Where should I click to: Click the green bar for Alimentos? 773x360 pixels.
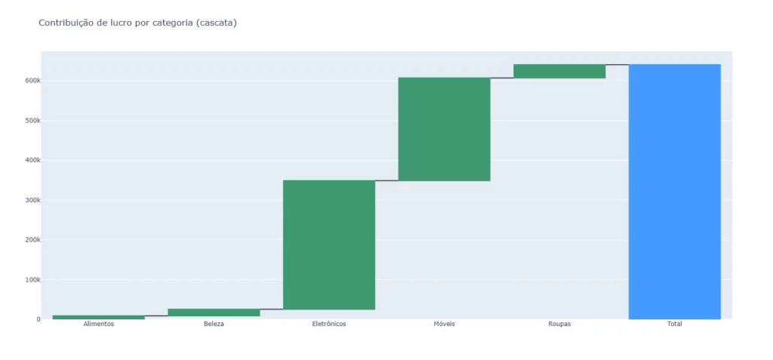tap(99, 317)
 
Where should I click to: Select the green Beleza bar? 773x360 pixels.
tap(214, 312)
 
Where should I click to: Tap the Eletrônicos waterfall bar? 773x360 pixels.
tap(329, 245)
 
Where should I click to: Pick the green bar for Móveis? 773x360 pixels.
tap(444, 129)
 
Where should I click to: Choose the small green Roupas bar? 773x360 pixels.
tap(559, 71)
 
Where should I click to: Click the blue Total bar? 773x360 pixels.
tap(674, 192)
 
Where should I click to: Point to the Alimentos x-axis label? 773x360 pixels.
tap(99, 325)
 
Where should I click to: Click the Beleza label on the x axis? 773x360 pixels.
tap(214, 325)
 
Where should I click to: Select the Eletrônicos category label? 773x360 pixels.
tap(329, 325)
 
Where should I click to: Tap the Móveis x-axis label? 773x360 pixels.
tap(444, 325)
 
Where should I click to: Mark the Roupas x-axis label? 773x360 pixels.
tap(559, 325)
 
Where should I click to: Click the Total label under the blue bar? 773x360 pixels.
tap(674, 325)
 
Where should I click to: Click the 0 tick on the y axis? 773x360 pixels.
tap(38, 319)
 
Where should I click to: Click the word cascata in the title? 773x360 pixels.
tap(215, 23)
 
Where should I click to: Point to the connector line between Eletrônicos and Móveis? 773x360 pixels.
tap(386, 180)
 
